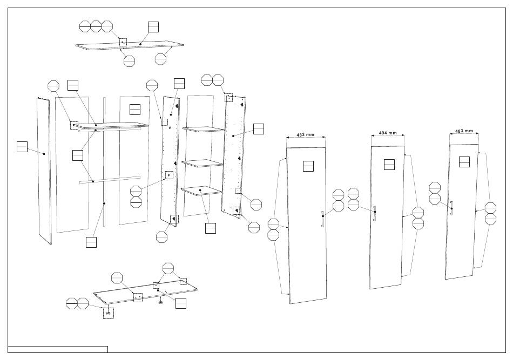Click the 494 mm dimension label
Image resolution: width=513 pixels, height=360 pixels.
coord(388,133)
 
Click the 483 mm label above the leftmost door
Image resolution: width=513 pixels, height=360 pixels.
coord(305,135)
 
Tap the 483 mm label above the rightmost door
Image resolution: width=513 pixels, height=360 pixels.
coord(464,131)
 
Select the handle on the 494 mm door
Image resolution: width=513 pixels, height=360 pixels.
coord(374,214)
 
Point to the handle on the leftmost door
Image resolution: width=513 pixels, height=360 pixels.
coord(322,218)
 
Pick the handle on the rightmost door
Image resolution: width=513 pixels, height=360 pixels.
coord(451,208)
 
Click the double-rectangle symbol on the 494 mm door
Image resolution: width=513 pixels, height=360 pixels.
coord(389,165)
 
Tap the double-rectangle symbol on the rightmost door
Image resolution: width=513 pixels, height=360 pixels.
coord(464,162)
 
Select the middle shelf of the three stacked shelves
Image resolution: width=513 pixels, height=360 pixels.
coord(202,164)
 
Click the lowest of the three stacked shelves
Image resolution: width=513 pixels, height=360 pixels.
coord(201,191)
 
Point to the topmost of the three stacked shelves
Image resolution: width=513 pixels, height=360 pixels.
coord(204,130)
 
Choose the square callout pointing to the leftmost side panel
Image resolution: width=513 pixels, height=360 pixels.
coord(22,147)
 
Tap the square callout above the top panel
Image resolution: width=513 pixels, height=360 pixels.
coord(153,27)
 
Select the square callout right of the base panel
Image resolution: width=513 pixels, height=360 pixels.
coord(180,303)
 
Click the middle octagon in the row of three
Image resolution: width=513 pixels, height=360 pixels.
coord(96,26)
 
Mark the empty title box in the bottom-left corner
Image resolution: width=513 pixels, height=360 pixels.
coord(58,349)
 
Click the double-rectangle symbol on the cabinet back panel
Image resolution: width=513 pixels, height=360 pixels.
coord(135,110)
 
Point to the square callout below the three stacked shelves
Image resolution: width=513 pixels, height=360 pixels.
coord(211,228)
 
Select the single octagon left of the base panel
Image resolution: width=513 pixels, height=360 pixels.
coord(117,278)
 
